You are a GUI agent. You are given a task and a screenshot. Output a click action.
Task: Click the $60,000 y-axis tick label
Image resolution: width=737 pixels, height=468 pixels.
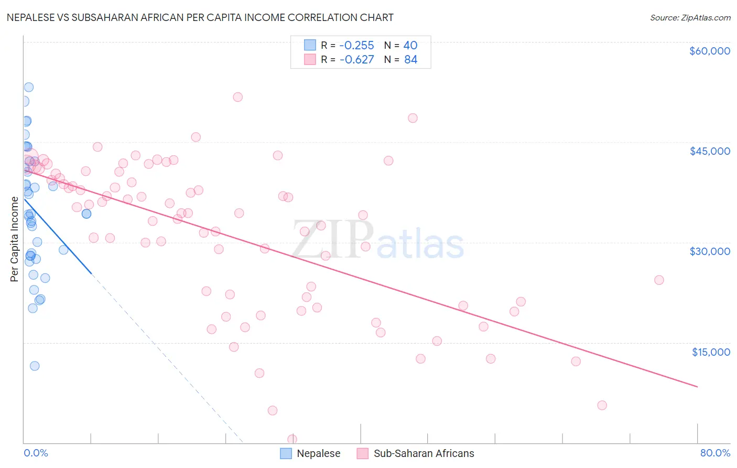[709, 51]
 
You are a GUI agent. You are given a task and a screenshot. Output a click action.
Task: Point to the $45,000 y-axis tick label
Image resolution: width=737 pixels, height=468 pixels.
[709, 151]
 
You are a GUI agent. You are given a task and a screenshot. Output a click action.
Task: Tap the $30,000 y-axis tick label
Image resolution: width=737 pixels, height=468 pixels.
[709, 251]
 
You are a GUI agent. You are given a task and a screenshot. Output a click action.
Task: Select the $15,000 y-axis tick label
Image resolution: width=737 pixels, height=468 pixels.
[711, 352]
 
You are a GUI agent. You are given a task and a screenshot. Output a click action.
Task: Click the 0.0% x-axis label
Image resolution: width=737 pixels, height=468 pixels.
[36, 453]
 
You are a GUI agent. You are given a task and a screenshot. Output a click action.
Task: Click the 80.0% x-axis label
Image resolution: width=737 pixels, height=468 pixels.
[715, 453]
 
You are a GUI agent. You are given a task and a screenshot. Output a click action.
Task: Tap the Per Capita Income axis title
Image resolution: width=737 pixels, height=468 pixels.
[15, 239]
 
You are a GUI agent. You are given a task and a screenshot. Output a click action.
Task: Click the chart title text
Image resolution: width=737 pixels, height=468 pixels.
[200, 17]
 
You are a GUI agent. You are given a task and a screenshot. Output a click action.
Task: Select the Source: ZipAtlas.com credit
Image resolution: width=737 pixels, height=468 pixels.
[690, 18]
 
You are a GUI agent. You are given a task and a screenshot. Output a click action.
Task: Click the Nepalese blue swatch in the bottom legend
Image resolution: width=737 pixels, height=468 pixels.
[286, 453]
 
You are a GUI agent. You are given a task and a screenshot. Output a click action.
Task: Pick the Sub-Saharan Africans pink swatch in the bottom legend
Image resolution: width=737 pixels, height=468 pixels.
[363, 453]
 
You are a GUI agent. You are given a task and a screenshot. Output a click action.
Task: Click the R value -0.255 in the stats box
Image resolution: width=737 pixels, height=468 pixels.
[356, 45]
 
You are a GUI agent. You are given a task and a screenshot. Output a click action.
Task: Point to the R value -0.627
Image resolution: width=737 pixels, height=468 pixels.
[356, 59]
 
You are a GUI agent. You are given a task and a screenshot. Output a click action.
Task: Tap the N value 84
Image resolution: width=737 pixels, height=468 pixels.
[410, 59]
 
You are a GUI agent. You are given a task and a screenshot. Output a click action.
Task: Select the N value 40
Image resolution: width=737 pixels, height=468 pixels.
[410, 45]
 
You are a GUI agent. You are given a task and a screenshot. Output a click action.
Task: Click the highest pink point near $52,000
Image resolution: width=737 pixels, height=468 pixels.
[237, 97]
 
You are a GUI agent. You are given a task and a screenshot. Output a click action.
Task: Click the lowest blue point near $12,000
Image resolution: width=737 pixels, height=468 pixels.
[35, 366]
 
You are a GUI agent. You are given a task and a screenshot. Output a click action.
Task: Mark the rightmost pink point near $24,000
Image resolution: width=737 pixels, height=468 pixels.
[659, 280]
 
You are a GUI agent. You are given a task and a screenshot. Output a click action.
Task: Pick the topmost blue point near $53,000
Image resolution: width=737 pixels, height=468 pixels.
[29, 87]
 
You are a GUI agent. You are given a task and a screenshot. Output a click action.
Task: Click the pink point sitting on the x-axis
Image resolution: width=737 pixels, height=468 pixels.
[292, 439]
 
